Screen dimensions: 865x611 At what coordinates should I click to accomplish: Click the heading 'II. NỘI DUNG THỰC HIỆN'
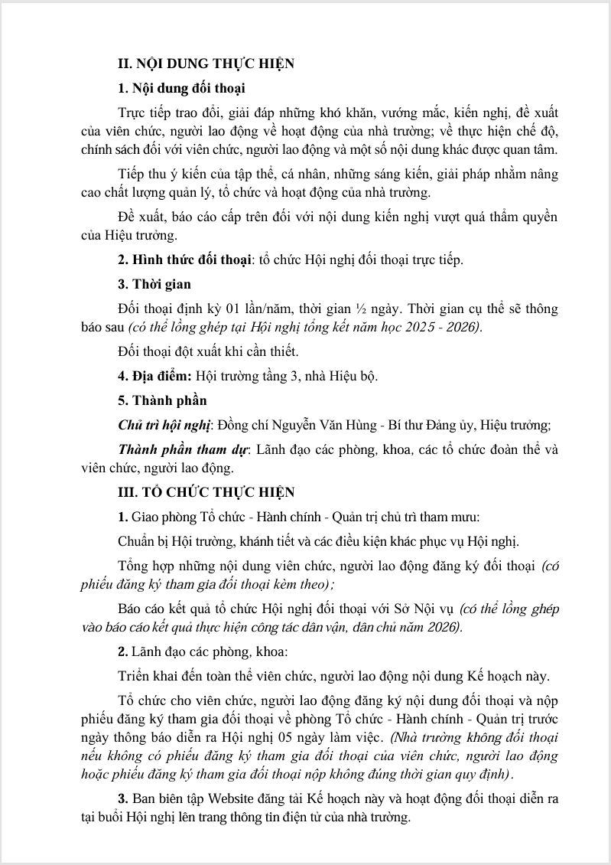pyautogui.click(x=206, y=64)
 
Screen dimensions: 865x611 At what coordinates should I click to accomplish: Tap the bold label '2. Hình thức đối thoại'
pyautogui.click(x=184, y=259)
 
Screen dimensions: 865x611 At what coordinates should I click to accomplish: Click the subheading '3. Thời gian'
pyautogui.click(x=154, y=284)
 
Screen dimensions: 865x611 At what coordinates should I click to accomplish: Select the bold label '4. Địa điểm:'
pyautogui.click(x=155, y=376)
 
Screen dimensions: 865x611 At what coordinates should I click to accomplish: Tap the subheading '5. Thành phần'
pyautogui.click(x=161, y=400)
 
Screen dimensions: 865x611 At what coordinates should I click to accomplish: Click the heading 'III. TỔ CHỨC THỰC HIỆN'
pyautogui.click(x=206, y=491)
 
